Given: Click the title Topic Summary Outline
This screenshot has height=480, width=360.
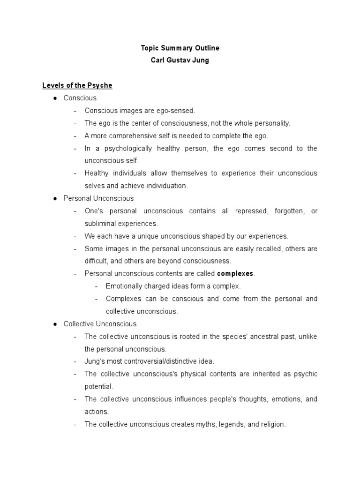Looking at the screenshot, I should coord(180,48).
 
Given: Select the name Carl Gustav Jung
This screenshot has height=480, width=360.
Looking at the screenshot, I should coord(180,60).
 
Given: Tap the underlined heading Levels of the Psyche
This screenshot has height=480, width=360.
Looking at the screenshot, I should coord(77,85).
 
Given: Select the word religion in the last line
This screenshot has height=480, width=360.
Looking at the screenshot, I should coord(270,424).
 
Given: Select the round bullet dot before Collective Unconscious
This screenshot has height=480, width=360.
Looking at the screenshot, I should coord(55,324).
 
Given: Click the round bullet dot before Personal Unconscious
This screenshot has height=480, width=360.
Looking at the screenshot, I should coord(55,198).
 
